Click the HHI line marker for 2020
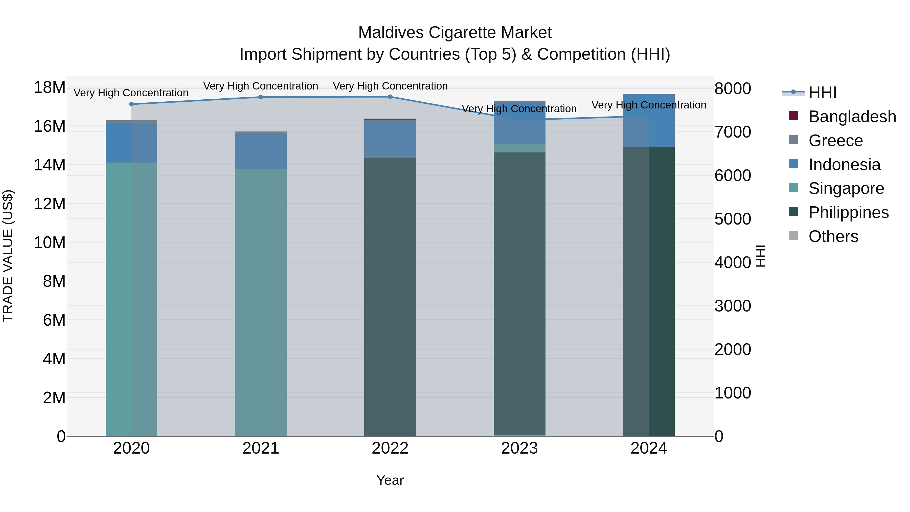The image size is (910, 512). pos(131,104)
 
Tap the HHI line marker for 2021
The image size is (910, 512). pos(261,97)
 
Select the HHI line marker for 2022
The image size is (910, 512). pos(390,97)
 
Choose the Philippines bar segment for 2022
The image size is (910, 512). pos(390,297)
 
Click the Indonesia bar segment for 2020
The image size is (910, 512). pos(131,143)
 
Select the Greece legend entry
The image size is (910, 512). pos(835,141)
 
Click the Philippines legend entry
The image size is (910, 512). pos(848,212)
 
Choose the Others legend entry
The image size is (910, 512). pos(833,236)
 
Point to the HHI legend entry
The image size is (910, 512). pos(822,93)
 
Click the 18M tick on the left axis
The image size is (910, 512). pos(50,87)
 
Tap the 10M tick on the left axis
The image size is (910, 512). pos(50,242)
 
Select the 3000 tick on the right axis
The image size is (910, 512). pos(733,306)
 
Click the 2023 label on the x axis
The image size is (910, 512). pos(519,448)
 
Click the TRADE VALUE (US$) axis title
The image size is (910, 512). pos(8,256)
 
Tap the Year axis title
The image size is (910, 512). pos(390,480)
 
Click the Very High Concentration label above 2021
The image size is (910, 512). pos(261,86)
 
